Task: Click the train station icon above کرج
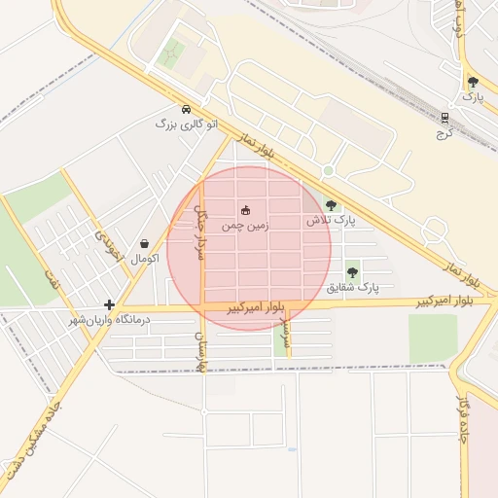[445, 117]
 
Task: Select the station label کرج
[445, 132]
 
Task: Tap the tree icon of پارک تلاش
[332, 205]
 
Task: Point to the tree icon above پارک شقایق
[352, 272]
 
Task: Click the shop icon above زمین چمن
[244, 209]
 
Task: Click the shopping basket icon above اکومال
[145, 244]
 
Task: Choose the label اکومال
[144, 259]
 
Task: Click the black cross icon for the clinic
[109, 304]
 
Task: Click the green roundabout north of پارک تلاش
[329, 171]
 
